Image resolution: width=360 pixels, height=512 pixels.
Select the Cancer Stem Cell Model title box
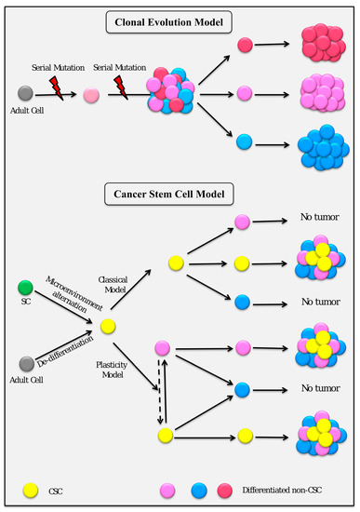(180, 195)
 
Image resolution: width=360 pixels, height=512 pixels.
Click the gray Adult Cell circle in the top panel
(27, 94)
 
